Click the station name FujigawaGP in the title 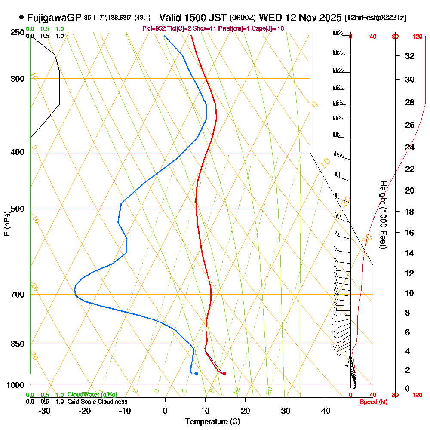point(54,18)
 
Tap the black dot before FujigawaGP point(21,18)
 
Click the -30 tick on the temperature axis point(44,411)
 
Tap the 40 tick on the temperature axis point(326,411)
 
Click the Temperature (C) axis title point(212,422)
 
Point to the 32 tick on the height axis point(410,56)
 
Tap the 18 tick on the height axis point(410,212)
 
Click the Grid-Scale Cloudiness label point(97,402)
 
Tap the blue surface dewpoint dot point(196,373)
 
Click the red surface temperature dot point(224,373)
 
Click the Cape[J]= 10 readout point(267,28)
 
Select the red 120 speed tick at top point(417,37)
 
